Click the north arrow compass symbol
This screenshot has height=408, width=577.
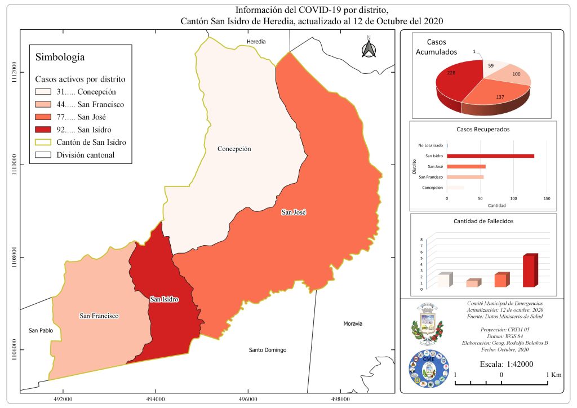click(x=369, y=48)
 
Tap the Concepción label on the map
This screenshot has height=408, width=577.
click(x=234, y=149)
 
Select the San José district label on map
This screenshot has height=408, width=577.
click(x=293, y=212)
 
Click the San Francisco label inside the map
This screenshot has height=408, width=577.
click(x=99, y=316)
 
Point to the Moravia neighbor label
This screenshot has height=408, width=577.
click(x=353, y=324)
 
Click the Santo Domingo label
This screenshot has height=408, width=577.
click(x=268, y=350)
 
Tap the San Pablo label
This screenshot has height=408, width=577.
click(x=41, y=330)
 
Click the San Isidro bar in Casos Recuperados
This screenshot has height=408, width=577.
click(x=490, y=156)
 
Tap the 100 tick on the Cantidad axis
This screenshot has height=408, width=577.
click(x=513, y=198)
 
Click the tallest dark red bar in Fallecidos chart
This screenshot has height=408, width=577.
click(x=530, y=272)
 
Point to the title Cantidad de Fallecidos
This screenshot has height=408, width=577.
click(x=483, y=221)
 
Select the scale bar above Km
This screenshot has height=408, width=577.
click(x=501, y=384)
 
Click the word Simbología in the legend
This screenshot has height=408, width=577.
click(x=60, y=57)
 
